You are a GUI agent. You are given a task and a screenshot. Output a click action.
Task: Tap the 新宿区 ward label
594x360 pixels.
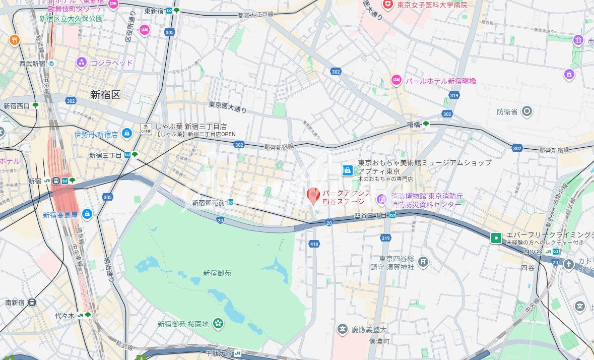click(x=106, y=94)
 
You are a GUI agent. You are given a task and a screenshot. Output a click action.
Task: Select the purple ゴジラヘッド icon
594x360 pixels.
click(x=82, y=63)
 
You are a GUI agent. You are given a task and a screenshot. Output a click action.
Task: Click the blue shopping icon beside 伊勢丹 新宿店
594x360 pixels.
click(x=126, y=134)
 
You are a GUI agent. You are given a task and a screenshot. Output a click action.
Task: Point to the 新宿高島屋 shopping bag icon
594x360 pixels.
click(x=87, y=215)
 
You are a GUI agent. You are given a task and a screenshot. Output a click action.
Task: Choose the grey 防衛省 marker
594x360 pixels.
click(x=527, y=111)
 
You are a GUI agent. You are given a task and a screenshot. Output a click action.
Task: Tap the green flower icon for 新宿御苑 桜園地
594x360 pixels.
click(x=218, y=323)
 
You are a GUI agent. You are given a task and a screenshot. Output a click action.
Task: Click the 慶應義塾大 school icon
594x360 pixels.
click(x=343, y=330)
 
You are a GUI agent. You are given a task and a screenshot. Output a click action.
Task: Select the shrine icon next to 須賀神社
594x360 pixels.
click(x=423, y=261)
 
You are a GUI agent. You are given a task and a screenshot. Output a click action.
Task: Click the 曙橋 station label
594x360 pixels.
click(x=414, y=124)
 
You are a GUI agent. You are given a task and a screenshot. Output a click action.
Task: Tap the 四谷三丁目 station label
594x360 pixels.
click(x=370, y=215)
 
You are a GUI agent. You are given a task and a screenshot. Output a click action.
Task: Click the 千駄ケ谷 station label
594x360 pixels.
click(x=219, y=353)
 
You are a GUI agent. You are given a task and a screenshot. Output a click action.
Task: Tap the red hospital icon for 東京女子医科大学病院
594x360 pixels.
click(x=387, y=5)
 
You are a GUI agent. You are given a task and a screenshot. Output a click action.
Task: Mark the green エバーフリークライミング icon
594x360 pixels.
click(x=496, y=237)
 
